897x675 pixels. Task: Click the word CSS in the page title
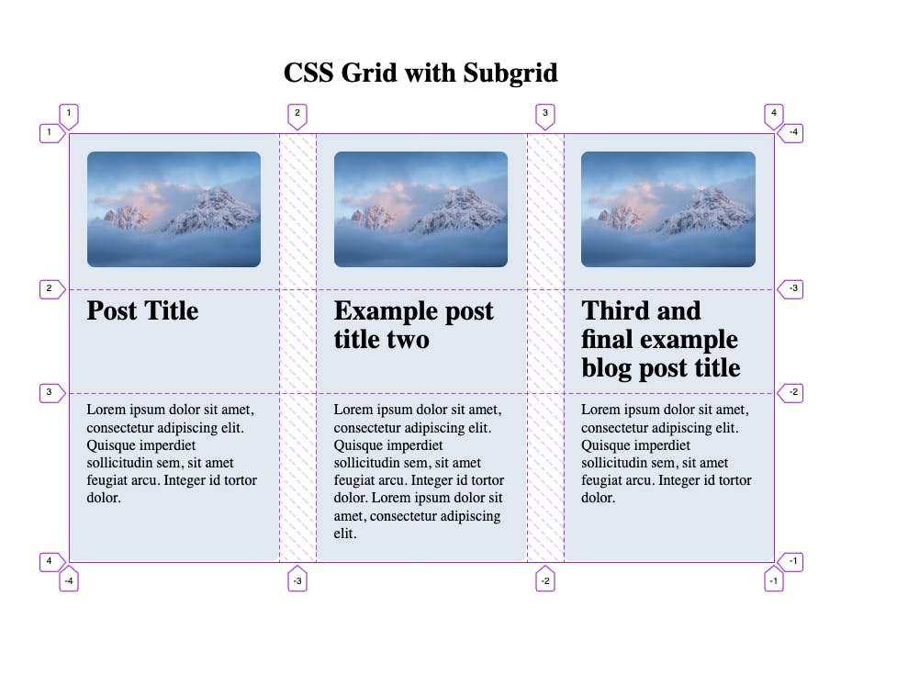(308, 73)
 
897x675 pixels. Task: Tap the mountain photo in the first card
(174, 209)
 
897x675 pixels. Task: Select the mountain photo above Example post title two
(420, 209)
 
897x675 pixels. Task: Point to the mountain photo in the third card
(668, 209)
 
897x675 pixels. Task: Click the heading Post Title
(142, 311)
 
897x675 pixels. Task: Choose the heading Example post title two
(413, 325)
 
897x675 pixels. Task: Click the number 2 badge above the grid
(297, 115)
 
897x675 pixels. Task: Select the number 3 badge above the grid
(545, 115)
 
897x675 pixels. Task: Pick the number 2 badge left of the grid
(50, 289)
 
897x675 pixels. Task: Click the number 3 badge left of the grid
(50, 393)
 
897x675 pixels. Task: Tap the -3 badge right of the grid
(792, 289)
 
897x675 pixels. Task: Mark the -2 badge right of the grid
(792, 393)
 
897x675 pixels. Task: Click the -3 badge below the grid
(297, 580)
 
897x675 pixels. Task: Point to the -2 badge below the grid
(545, 580)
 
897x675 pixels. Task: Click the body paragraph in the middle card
(419, 470)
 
